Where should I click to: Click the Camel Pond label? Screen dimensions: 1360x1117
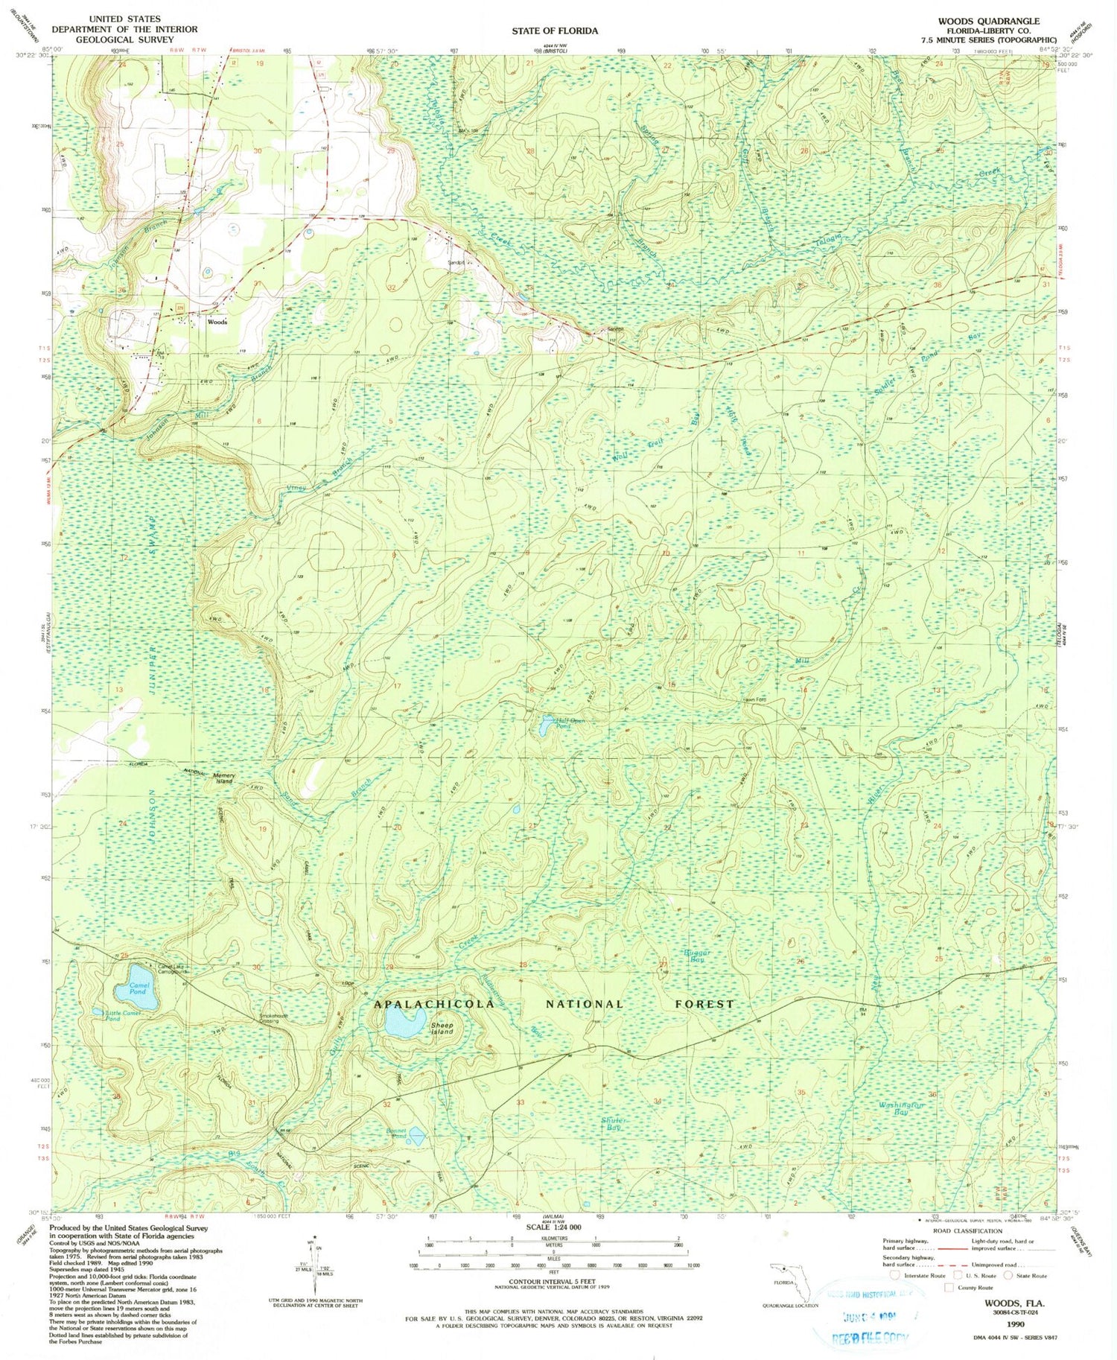[x=139, y=988]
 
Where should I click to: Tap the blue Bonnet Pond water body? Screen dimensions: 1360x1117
[x=417, y=1137]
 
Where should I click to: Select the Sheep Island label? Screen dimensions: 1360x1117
[x=442, y=1029]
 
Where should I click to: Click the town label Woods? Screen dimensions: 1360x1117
[x=217, y=322]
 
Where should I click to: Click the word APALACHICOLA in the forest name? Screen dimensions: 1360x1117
[x=434, y=1004]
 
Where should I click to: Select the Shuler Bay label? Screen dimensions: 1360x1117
[x=614, y=1124]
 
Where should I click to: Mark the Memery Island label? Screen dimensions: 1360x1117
[x=225, y=778]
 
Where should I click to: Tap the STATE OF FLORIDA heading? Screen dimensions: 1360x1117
[x=554, y=31]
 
